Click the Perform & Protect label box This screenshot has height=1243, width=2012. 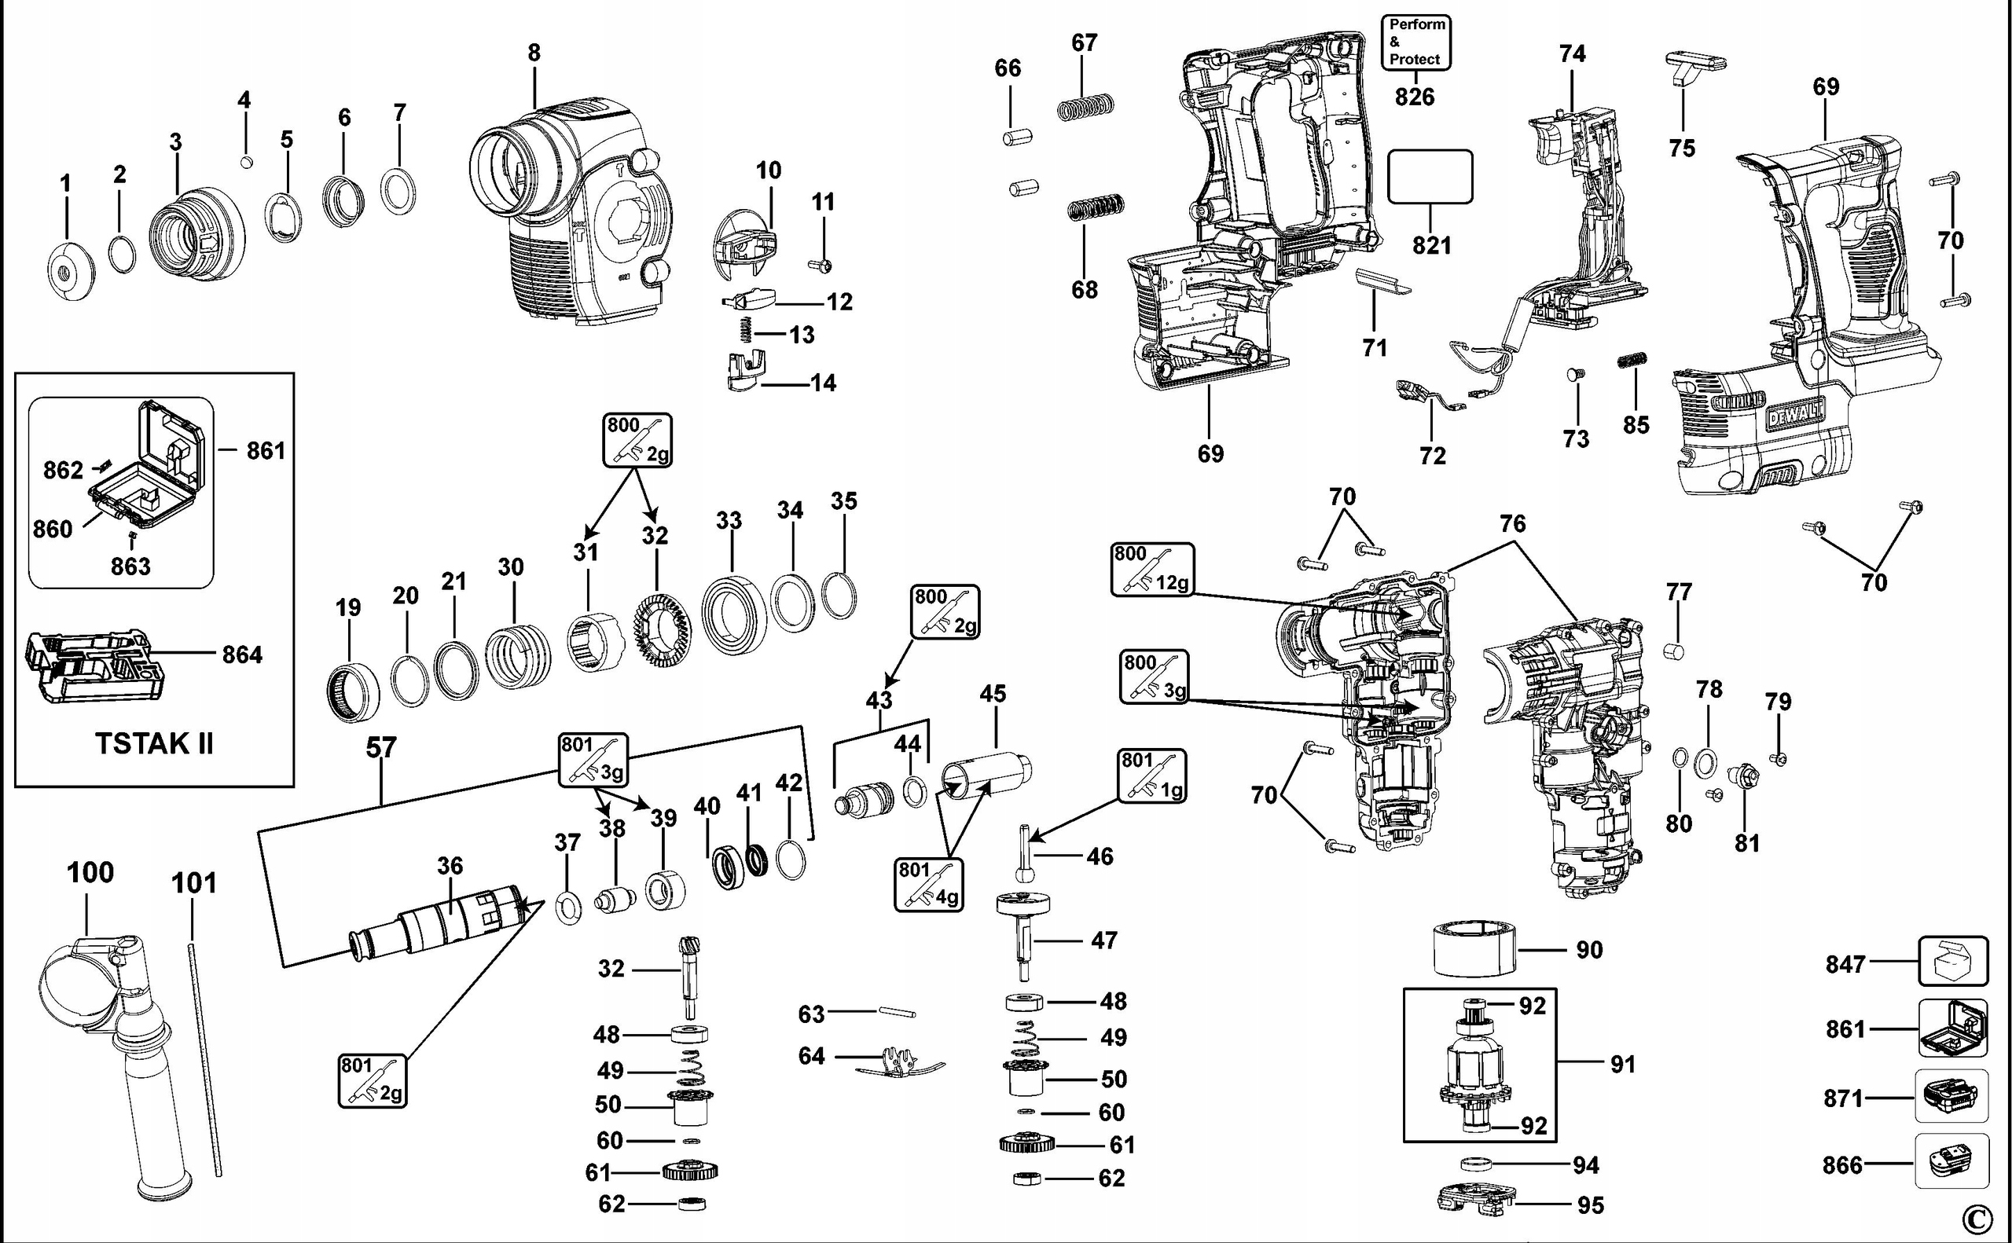[x=1415, y=42]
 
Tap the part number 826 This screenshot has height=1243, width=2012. [x=1414, y=97]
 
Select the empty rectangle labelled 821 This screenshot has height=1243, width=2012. [x=1430, y=176]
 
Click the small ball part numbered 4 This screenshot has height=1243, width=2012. [x=245, y=162]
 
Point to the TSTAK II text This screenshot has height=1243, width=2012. [x=155, y=743]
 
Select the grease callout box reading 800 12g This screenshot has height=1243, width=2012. [x=1152, y=568]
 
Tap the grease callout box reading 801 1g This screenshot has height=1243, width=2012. [x=1151, y=775]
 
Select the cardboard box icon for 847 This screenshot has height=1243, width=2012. [x=1953, y=961]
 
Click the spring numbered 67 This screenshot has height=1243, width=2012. [x=1085, y=107]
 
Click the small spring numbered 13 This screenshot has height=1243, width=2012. [x=745, y=332]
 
